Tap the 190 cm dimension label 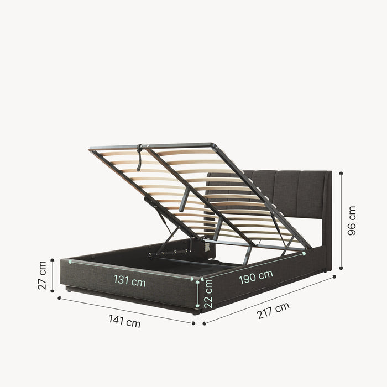pyautogui.click(x=255, y=277)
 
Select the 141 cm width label pyautogui.click(x=124, y=321)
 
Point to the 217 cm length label pyautogui.click(x=273, y=312)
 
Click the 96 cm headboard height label pyautogui.click(x=352, y=221)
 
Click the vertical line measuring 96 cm pyautogui.click(x=341, y=221)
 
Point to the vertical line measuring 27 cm pyautogui.click(x=53, y=275)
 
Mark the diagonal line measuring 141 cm pyautogui.click(x=126, y=311)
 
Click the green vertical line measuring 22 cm pyautogui.click(x=198, y=293)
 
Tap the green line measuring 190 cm pyautogui.click(x=252, y=268)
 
